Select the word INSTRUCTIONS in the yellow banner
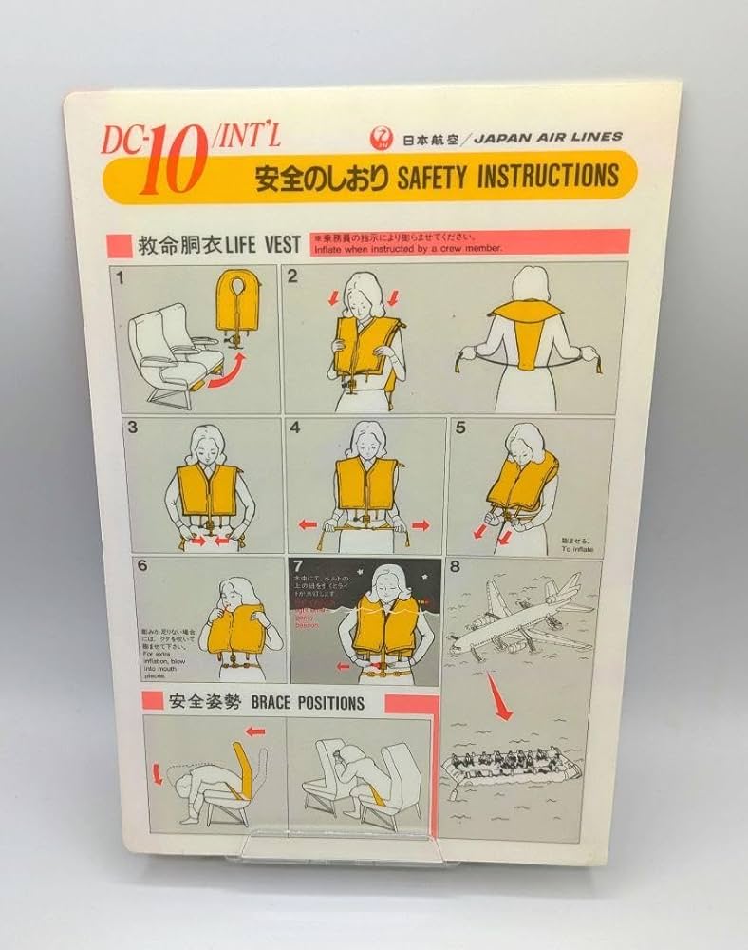(551, 176)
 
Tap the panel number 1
(121, 279)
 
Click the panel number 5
(460, 427)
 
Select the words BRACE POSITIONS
(295, 704)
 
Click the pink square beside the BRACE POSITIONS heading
(149, 703)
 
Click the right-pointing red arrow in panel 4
(420, 523)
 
